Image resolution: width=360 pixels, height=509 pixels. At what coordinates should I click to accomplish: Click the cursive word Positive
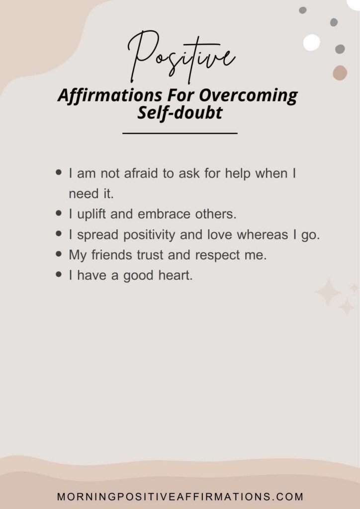[x=181, y=57]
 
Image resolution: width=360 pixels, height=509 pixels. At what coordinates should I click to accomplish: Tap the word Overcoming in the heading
[x=248, y=95]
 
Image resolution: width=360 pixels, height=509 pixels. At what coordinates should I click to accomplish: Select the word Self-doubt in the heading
[x=180, y=113]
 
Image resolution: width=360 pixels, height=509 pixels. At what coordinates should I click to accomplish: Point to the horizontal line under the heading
[x=180, y=133]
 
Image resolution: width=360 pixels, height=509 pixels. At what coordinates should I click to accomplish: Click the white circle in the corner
[x=312, y=43]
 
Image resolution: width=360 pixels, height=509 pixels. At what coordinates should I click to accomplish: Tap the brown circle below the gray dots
[x=340, y=73]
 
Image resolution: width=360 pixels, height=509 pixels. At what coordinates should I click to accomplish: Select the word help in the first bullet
[x=238, y=174]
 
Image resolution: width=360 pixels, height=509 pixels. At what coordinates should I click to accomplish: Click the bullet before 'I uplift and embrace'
[x=59, y=213]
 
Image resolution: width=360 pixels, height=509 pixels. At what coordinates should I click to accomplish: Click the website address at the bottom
[x=180, y=497]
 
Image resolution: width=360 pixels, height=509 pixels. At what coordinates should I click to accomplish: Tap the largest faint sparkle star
[x=328, y=292]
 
